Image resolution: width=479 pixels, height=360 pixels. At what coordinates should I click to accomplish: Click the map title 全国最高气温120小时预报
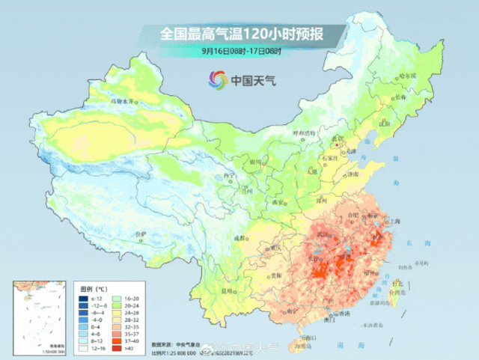click(239, 34)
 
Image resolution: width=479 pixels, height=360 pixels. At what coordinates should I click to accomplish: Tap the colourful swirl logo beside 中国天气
click(218, 79)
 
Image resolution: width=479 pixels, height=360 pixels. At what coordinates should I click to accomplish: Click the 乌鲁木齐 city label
click(124, 100)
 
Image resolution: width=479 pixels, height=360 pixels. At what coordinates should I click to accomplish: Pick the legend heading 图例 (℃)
click(94, 287)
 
